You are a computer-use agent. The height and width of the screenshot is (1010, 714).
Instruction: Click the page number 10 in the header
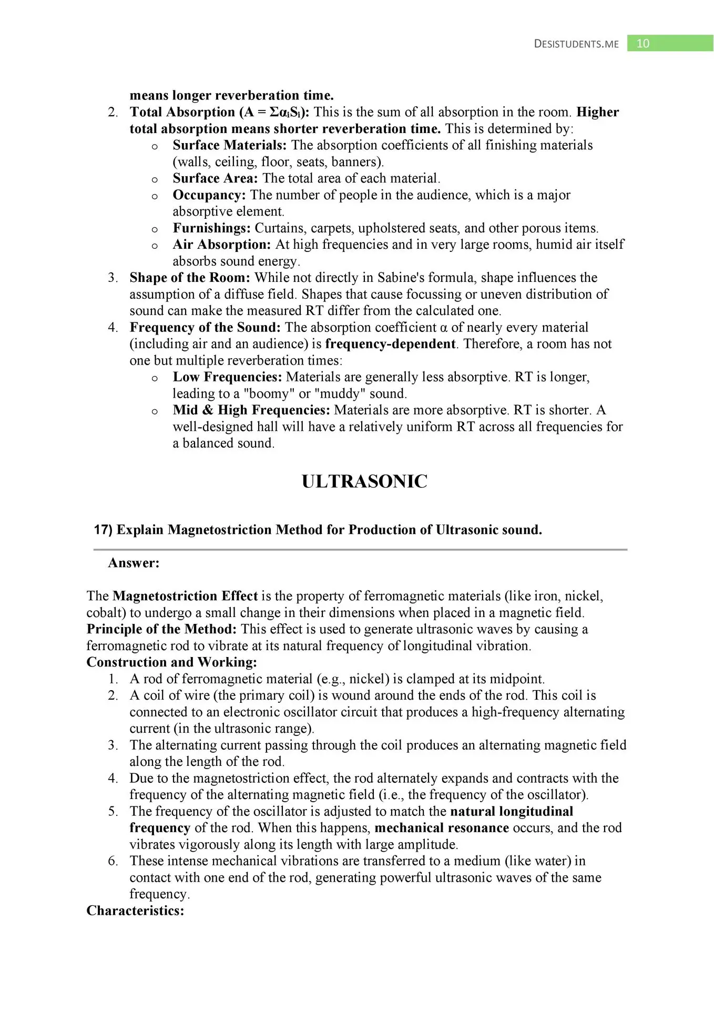[x=642, y=44]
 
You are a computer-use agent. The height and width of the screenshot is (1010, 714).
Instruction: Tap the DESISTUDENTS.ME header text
[x=576, y=44]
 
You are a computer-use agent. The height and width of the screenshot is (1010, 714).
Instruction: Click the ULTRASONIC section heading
[x=364, y=481]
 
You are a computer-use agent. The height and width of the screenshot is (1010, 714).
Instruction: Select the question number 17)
[x=103, y=530]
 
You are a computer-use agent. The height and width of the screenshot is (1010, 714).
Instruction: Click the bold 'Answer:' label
[x=134, y=563]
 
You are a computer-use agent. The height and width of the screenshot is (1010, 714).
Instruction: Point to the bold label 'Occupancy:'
[x=209, y=195]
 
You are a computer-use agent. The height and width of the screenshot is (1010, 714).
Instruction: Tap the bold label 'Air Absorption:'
[x=221, y=245]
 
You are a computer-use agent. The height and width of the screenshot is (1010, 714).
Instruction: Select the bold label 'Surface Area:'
[x=215, y=178]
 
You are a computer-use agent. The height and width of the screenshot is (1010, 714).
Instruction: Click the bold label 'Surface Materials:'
[x=230, y=145]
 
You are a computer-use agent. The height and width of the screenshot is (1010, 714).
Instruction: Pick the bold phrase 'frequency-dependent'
[x=390, y=344]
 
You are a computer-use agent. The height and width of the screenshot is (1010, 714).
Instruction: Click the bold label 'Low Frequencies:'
[x=227, y=377]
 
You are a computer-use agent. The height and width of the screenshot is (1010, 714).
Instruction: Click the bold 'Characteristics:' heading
[x=135, y=911]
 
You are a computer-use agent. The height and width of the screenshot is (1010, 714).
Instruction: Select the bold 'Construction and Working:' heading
[x=171, y=662]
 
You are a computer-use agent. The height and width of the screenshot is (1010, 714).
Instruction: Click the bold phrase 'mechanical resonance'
[x=441, y=828]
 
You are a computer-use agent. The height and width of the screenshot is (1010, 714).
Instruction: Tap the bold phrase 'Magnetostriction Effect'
[x=185, y=596]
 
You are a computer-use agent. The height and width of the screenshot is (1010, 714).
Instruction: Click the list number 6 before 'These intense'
[x=113, y=861]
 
